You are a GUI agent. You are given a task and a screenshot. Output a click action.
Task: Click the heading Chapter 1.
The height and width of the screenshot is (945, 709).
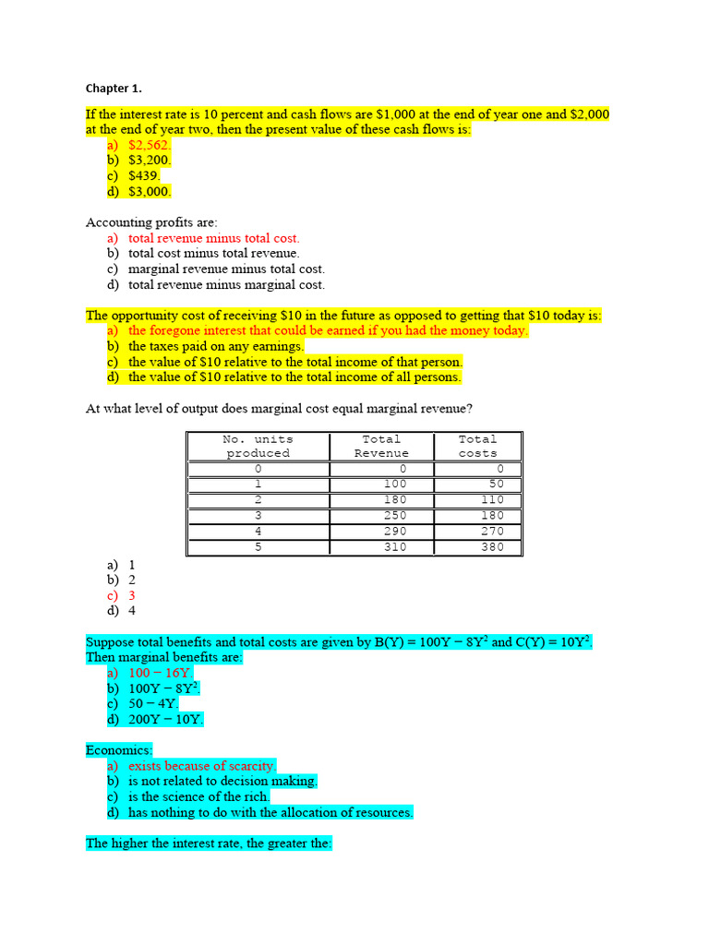[x=114, y=89]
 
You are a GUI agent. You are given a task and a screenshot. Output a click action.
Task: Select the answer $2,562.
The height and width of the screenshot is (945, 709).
[x=149, y=145]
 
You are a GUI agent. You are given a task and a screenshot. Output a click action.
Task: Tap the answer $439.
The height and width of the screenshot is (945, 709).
[x=144, y=175]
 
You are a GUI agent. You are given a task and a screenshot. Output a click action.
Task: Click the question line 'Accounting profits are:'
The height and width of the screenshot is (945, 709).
[x=151, y=222]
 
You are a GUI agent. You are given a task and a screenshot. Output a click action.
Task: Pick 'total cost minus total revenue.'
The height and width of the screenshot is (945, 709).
[x=213, y=253]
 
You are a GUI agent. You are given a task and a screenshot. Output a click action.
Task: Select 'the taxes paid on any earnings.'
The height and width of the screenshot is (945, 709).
[x=215, y=346]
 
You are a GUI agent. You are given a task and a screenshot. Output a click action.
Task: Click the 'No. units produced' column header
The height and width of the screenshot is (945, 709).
[x=258, y=446]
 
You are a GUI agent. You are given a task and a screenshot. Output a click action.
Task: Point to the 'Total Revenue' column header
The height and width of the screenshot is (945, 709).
[x=381, y=446]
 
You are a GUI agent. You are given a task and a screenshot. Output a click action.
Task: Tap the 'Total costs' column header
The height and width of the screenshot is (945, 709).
[x=477, y=446]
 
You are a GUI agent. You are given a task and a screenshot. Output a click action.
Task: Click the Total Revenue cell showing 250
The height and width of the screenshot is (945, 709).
[x=394, y=515]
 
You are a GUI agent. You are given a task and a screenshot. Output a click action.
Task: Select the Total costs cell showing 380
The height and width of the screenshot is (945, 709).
[x=493, y=547]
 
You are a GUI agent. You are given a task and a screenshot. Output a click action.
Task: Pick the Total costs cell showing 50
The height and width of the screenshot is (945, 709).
[x=496, y=484]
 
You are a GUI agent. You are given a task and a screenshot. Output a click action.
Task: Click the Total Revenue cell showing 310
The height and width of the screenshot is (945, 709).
[x=394, y=547]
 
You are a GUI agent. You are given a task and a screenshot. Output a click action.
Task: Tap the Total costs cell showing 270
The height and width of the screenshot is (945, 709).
[x=493, y=532]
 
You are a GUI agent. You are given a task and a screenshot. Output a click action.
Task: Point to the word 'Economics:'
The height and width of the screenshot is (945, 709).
[x=119, y=750]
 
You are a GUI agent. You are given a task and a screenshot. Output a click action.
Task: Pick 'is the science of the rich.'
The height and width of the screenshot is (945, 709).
[x=198, y=796]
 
